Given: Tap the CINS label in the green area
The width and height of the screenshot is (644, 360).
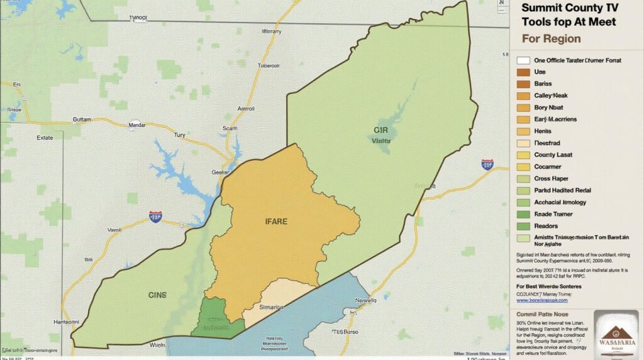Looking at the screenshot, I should coord(157,295).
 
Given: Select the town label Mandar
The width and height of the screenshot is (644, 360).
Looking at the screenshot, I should coord(137,125).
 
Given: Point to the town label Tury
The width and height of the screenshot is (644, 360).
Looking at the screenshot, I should coord(180,135).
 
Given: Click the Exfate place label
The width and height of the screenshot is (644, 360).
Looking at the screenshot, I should coord(45,137).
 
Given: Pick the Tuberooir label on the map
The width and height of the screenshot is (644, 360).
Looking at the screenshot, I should coord(269,65).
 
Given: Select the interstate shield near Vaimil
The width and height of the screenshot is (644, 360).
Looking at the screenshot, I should coord(155,217).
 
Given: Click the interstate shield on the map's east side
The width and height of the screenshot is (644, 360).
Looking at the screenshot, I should coord(487,164).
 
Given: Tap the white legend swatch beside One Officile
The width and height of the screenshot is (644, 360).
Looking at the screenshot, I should coord(523,61).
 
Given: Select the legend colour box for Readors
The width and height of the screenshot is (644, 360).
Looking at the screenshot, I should coord(523,226).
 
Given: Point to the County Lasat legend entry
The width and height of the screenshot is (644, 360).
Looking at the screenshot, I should coord(553,155).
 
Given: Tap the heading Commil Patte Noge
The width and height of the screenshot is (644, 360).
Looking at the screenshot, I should coord(543,313).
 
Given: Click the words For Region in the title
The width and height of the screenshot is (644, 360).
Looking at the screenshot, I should coord(552,38).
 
